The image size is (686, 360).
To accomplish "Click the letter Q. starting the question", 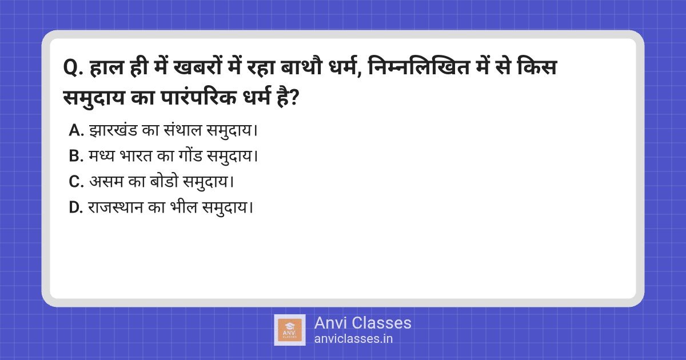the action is (x=73, y=67).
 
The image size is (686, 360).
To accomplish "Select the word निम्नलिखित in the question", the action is (x=418, y=67).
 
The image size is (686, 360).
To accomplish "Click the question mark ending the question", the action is (x=293, y=98).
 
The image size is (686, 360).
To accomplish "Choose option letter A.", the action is (x=76, y=130).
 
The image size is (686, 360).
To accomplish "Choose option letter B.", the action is (x=76, y=156).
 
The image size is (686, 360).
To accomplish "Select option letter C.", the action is (x=76, y=182).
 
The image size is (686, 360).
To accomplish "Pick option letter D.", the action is (x=76, y=207).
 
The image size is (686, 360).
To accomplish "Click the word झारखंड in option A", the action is (x=113, y=130).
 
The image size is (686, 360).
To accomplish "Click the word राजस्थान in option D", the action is (x=115, y=207).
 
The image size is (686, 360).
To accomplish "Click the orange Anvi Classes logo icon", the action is (x=290, y=330).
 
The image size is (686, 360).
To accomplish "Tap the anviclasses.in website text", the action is (x=353, y=339).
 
